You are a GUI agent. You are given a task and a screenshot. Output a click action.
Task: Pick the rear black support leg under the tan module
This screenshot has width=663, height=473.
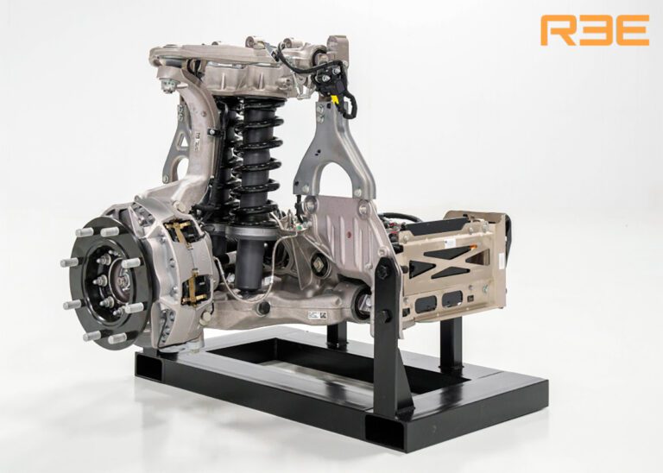pyautogui.click(x=450, y=341)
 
